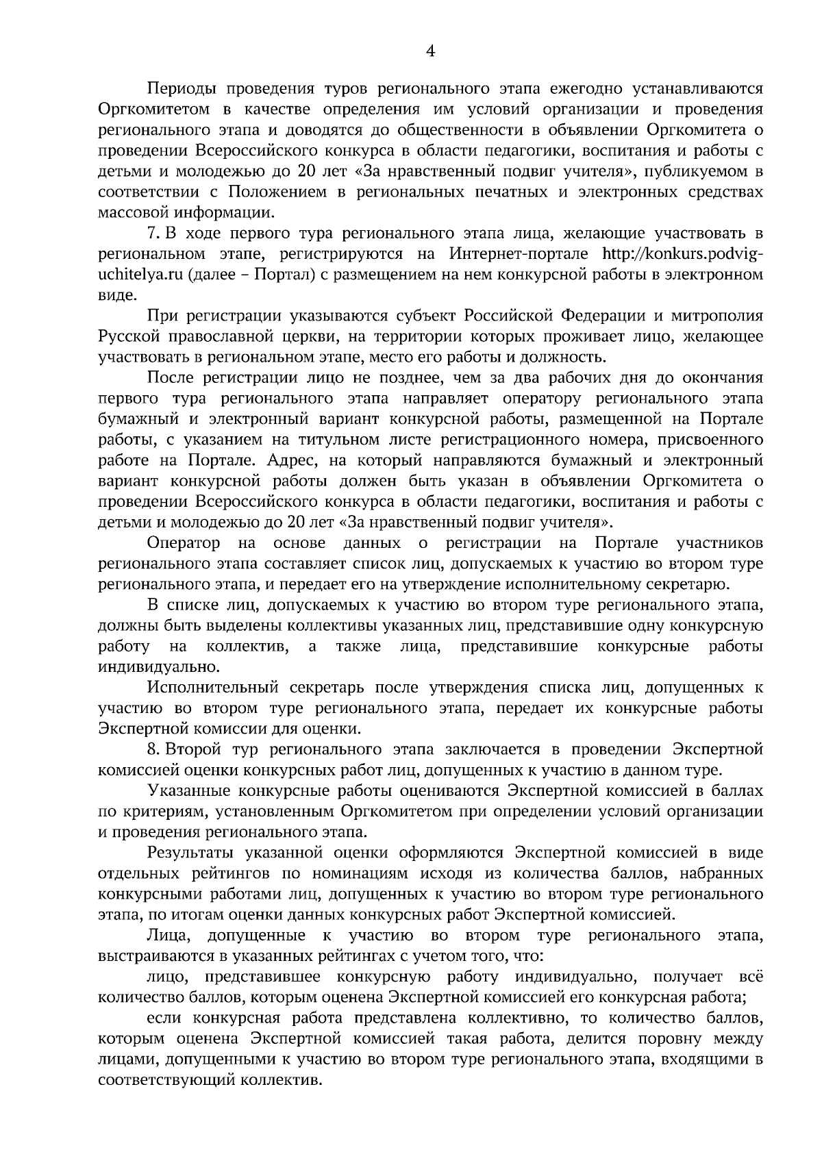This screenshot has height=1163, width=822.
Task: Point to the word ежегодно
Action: click(582, 88)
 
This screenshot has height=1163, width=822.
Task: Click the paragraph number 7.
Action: click(152, 233)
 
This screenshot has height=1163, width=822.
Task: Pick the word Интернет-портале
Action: click(519, 253)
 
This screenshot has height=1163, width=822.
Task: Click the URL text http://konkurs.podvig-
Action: click(682, 253)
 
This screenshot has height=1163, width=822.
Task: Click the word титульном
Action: click(305, 439)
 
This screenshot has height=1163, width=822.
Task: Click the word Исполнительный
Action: click(211, 687)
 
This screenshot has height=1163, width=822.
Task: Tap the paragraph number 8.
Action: click(152, 749)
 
